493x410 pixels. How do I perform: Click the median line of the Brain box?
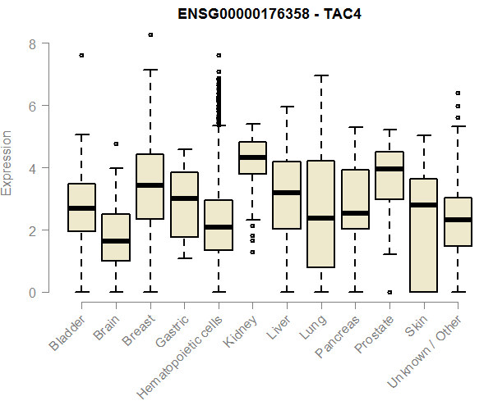tap(116, 241)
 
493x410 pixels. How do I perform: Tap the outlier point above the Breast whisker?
tap(150, 34)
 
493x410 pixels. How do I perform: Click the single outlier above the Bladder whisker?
tap(81, 55)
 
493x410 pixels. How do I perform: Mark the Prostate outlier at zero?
tap(389, 292)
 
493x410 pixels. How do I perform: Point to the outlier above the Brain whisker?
tap(116, 143)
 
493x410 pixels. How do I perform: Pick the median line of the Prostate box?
tap(389, 169)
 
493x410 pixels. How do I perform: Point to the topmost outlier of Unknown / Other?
tap(458, 93)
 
